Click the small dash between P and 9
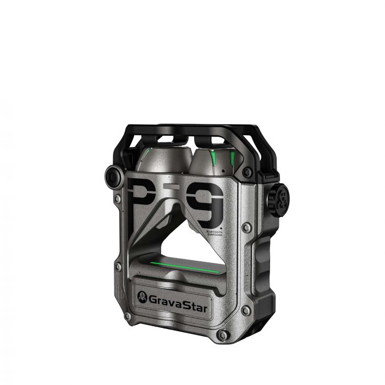tap(172, 187)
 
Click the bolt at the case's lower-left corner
tap(128, 317)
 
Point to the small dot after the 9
tap(221, 225)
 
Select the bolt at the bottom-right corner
tap(221, 334)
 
